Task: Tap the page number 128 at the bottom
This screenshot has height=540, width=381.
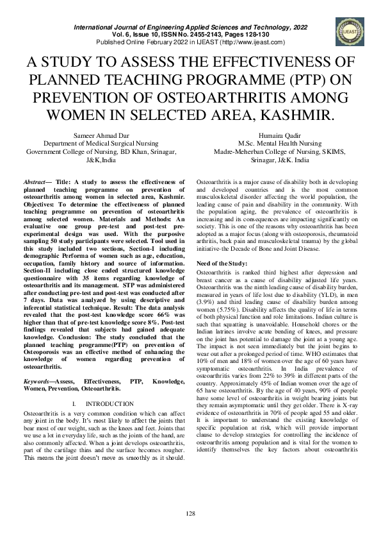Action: [x=190, y=514]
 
